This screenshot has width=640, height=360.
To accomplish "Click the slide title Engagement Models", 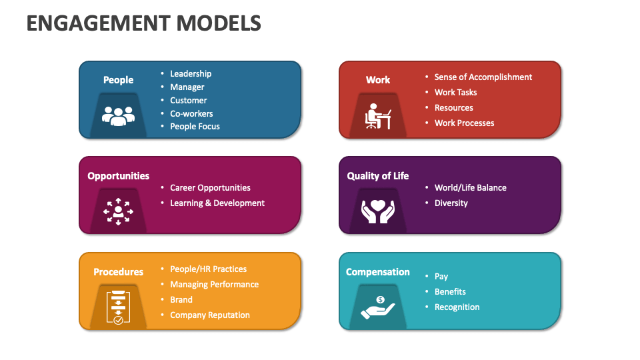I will click(x=143, y=24).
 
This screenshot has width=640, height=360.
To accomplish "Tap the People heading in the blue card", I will click(x=118, y=80).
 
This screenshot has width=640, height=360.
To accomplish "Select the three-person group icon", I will click(x=118, y=115).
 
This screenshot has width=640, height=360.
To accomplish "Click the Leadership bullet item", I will click(x=191, y=74).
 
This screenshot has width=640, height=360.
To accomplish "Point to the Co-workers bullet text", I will click(x=191, y=113).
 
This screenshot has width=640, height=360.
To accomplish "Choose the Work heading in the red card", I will click(x=378, y=80).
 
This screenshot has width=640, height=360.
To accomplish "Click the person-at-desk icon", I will click(x=378, y=116).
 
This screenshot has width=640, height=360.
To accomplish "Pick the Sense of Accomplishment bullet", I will click(x=483, y=77).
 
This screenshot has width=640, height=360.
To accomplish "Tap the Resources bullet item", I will click(x=453, y=108).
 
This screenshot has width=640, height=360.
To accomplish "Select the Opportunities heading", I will click(x=119, y=176).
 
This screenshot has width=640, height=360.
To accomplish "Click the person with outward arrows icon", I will click(x=118, y=211).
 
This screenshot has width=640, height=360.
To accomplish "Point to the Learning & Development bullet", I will click(x=217, y=203).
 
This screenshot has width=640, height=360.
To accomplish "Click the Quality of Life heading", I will click(x=378, y=176).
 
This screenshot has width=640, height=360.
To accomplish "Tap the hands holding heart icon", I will click(x=378, y=211).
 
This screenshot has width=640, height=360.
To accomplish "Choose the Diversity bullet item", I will click(x=451, y=203).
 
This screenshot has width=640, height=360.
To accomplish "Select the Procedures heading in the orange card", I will click(x=118, y=272).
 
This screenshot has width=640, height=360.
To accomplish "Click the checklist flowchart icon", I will click(x=118, y=307).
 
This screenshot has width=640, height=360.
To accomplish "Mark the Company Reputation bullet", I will click(x=209, y=315).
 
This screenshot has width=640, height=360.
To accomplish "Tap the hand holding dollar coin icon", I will click(x=378, y=307).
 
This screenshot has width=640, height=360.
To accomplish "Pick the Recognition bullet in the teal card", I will click(x=457, y=307).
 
